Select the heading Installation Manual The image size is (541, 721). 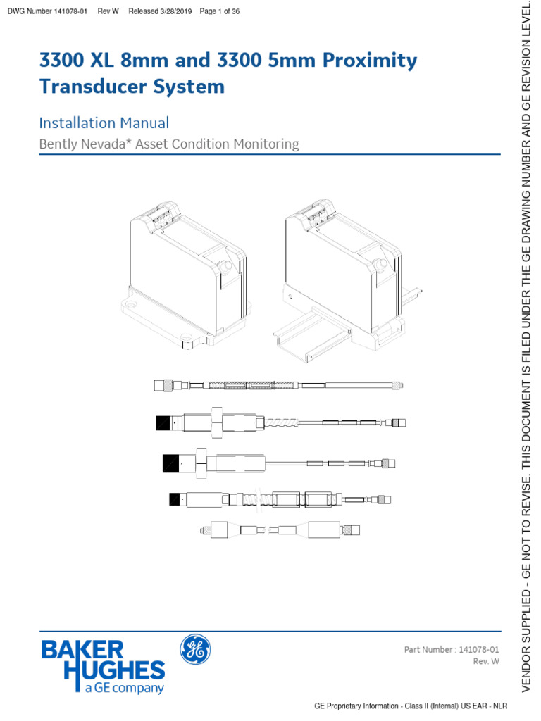[x=104, y=123]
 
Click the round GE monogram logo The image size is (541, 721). [x=195, y=648]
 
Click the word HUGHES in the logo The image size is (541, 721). [x=114, y=671]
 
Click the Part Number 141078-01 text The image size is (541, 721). [x=452, y=649]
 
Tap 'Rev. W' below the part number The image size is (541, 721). [x=485, y=662]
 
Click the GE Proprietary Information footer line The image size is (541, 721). [x=411, y=706]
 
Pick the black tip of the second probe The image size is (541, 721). [x=164, y=423]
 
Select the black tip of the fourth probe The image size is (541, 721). [x=175, y=500]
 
